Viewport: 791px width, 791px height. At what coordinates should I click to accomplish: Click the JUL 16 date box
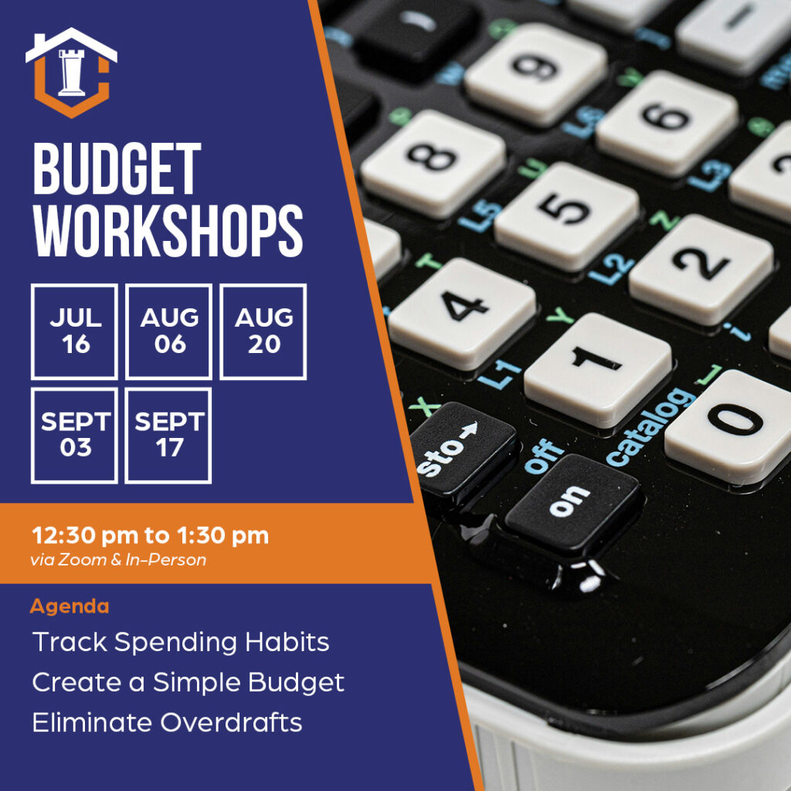click(x=74, y=331)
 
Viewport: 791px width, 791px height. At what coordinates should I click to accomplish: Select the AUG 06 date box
click(x=168, y=331)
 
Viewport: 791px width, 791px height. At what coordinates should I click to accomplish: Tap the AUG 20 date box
click(x=263, y=331)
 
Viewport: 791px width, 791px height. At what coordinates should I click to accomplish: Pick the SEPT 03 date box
click(x=74, y=435)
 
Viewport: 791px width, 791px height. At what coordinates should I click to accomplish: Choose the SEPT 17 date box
click(x=168, y=435)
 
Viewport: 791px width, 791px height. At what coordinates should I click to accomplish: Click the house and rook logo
click(x=71, y=72)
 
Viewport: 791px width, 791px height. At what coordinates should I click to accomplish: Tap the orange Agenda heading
click(x=70, y=606)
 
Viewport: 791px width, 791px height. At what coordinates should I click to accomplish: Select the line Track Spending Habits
click(x=181, y=642)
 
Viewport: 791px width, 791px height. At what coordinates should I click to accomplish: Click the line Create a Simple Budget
click(x=188, y=682)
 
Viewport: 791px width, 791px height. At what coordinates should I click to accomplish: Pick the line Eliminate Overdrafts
click(x=167, y=722)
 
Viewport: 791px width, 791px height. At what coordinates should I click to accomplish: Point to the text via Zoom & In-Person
click(x=118, y=560)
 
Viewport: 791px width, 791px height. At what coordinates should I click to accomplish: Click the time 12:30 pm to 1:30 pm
click(x=150, y=535)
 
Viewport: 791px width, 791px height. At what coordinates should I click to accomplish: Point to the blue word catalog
click(x=640, y=427)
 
